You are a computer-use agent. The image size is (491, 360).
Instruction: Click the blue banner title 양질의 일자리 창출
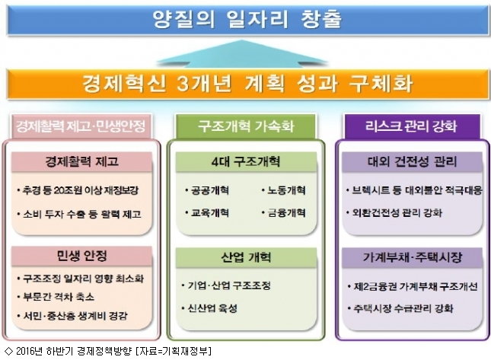(247, 20)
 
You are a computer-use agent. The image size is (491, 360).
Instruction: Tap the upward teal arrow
(242, 53)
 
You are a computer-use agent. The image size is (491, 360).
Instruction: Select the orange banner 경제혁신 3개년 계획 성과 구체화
(247, 84)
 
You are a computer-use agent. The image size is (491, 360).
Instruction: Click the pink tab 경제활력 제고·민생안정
(81, 126)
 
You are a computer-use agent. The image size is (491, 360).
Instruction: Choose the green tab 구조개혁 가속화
(246, 126)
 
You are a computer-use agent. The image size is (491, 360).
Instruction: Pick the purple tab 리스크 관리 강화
(412, 126)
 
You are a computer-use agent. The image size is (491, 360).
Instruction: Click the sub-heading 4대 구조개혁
(246, 162)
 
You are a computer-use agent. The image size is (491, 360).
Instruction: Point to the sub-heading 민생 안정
(81, 256)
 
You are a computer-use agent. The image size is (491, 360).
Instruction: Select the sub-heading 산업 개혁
(246, 257)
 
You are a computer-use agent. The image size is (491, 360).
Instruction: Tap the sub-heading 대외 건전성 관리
(412, 162)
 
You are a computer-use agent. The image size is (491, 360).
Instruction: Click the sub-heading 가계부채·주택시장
(412, 257)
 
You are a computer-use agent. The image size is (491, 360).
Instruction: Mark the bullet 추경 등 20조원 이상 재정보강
(78, 190)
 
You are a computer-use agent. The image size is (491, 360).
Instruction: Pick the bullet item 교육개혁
(207, 213)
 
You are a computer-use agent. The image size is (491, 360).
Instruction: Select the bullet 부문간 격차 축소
(56, 297)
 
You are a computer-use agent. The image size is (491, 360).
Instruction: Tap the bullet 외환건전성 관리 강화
(394, 213)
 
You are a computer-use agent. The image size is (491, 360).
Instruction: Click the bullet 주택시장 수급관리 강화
(400, 308)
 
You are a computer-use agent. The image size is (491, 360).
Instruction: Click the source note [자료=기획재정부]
(174, 351)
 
